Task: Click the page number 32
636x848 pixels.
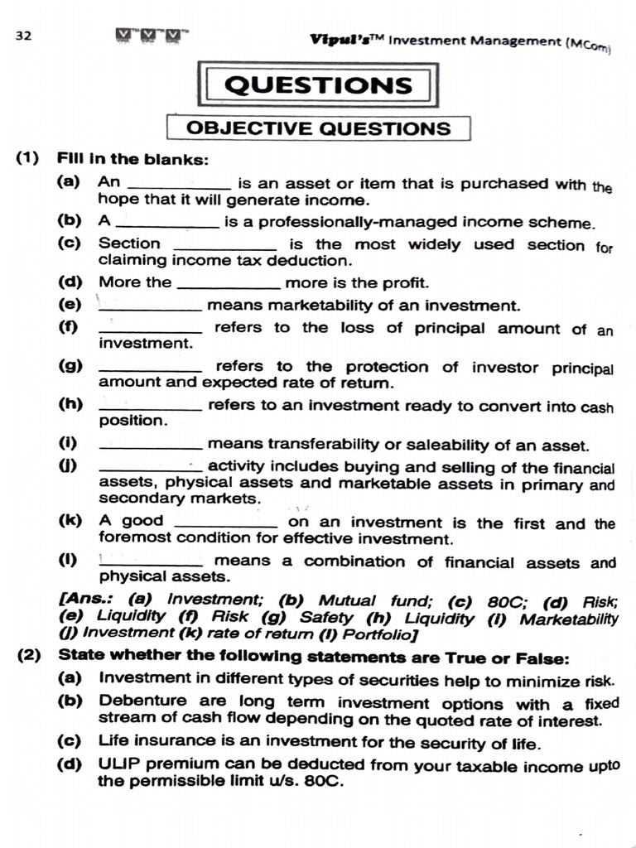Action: coord(23,36)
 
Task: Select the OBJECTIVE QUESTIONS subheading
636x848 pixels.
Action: coord(318,128)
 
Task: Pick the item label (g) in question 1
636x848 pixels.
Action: coord(69,365)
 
